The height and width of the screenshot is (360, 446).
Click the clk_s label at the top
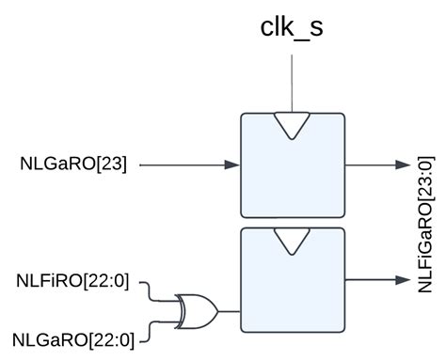[x=292, y=27]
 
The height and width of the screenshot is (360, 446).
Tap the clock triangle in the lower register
[x=293, y=241]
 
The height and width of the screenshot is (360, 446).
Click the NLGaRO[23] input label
[x=80, y=164]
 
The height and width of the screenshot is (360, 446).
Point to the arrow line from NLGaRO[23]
[x=188, y=164]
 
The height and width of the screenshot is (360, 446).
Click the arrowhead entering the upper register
[x=232, y=164]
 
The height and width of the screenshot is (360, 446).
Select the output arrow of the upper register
[x=372, y=164]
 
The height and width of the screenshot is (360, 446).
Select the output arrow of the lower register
[x=372, y=279]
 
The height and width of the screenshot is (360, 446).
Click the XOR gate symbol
[x=198, y=310]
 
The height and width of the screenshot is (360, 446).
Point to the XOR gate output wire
[x=229, y=310]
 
